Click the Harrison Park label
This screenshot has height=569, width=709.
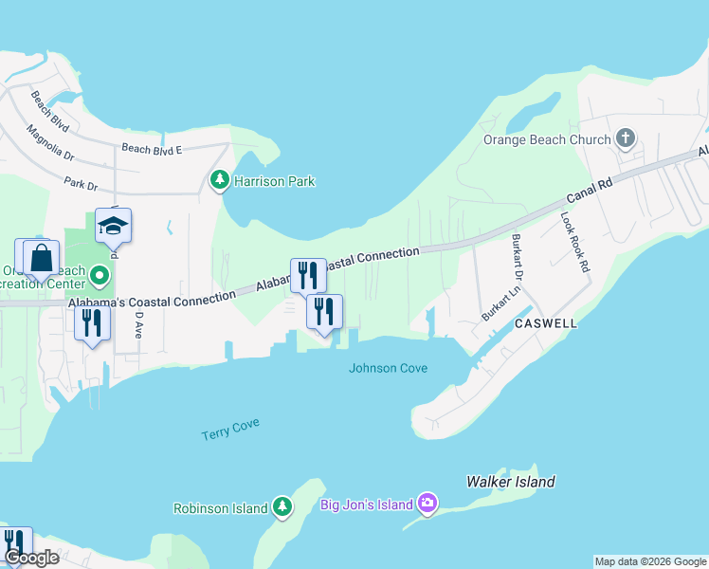[x=275, y=180]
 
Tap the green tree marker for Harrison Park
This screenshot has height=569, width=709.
[x=220, y=179]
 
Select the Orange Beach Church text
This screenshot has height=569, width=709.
[x=547, y=139]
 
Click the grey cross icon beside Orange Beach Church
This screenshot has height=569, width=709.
[x=625, y=139]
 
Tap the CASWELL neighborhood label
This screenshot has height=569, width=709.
[x=546, y=323]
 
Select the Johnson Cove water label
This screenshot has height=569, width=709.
[x=388, y=368]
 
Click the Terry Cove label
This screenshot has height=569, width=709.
[x=230, y=430]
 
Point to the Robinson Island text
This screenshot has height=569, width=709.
[x=220, y=508]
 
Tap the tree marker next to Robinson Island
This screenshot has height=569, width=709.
[x=282, y=508]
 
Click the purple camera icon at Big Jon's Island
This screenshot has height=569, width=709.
[x=427, y=503]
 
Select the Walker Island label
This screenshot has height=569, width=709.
[x=510, y=482]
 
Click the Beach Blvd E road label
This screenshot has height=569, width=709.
[x=151, y=148]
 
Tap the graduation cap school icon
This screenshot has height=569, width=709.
[x=113, y=226]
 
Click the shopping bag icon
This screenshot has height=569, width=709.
[x=42, y=257]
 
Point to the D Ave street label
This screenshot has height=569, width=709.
[x=138, y=327]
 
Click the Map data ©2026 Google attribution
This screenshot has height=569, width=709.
[x=650, y=561]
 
